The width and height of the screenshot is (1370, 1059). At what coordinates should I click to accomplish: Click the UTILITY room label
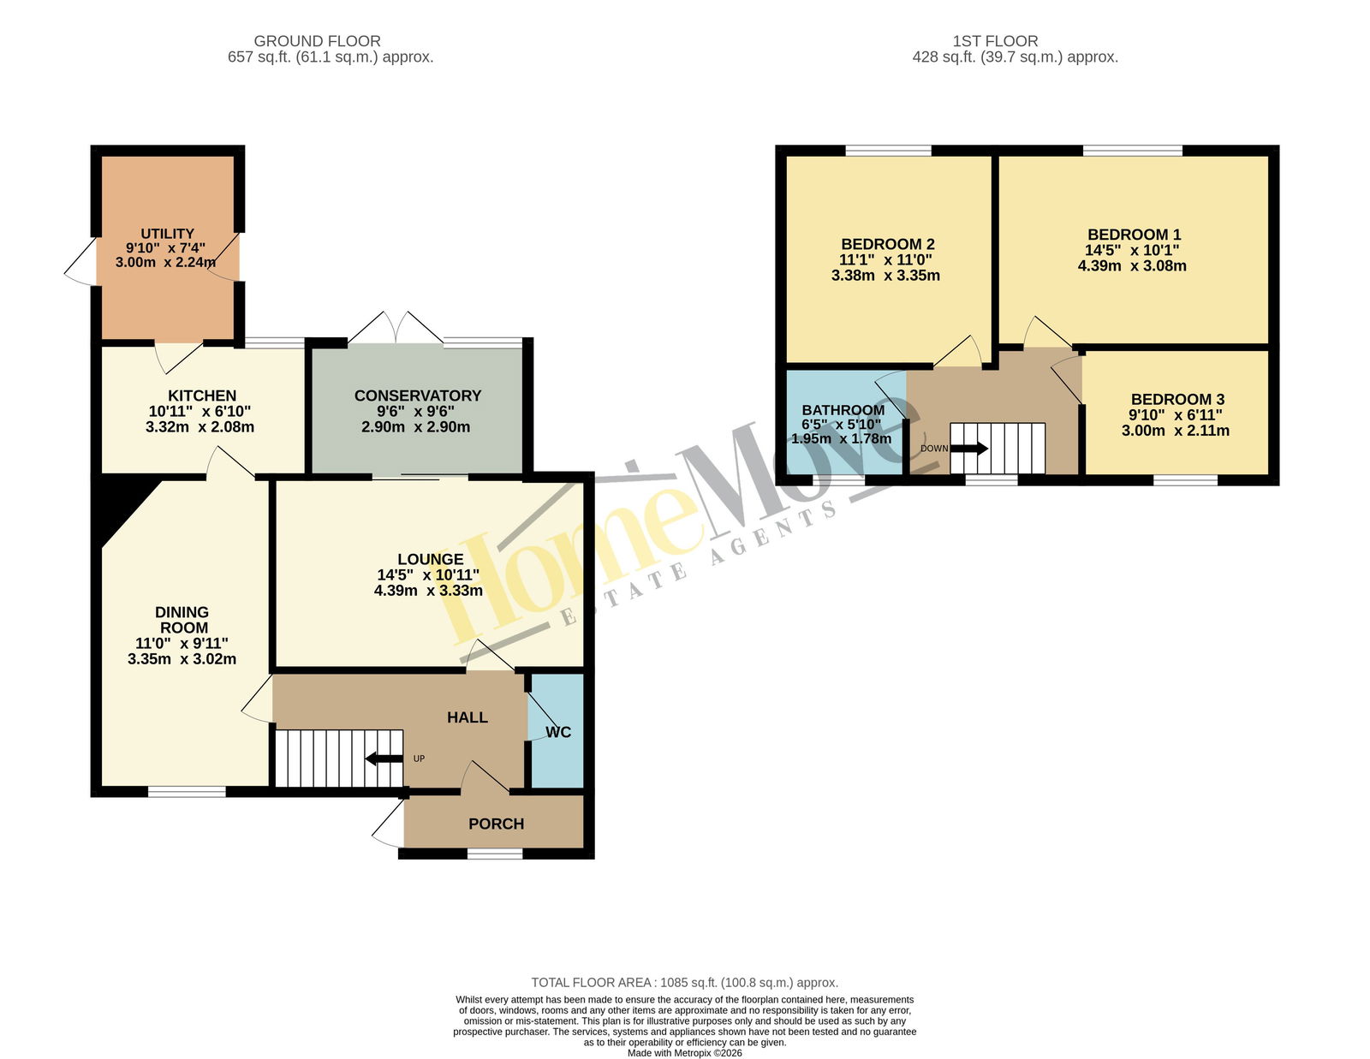pyautogui.click(x=167, y=233)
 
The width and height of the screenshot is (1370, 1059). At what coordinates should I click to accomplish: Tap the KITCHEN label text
pyautogui.click(x=202, y=396)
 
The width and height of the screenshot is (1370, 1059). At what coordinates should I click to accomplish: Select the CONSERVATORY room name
pyautogui.click(x=417, y=396)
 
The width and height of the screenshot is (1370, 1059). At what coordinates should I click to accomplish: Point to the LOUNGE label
pyautogui.click(x=430, y=559)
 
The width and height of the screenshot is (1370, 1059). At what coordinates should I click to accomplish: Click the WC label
pyautogui.click(x=558, y=732)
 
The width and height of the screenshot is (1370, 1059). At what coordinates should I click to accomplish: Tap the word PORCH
pyautogui.click(x=496, y=824)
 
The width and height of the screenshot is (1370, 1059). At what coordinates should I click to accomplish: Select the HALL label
pyautogui.click(x=468, y=717)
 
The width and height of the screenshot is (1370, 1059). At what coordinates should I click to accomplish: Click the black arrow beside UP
pyautogui.click(x=384, y=759)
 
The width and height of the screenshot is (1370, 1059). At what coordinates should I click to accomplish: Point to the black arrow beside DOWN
pyautogui.click(x=969, y=449)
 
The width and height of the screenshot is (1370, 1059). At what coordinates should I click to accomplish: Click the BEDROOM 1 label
pyautogui.click(x=1134, y=235)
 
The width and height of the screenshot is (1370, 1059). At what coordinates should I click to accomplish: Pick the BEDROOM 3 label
pyautogui.click(x=1177, y=399)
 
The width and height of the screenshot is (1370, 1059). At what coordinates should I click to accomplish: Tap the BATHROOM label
pyautogui.click(x=843, y=410)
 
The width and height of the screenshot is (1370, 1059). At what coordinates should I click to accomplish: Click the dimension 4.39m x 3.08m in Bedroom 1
pyautogui.click(x=1132, y=265)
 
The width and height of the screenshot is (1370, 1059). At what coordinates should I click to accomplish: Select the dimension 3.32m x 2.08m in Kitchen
pyautogui.click(x=200, y=426)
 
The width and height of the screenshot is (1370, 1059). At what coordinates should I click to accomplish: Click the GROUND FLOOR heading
pyautogui.click(x=317, y=41)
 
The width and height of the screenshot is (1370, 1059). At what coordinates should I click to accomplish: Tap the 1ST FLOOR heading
pyautogui.click(x=995, y=41)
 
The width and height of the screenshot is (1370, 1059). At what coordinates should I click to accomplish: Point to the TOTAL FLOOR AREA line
pyautogui.click(x=685, y=982)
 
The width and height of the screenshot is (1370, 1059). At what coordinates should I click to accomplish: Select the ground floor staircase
pyautogui.click(x=339, y=759)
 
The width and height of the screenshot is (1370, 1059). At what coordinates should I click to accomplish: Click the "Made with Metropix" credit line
pyautogui.click(x=685, y=1053)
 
